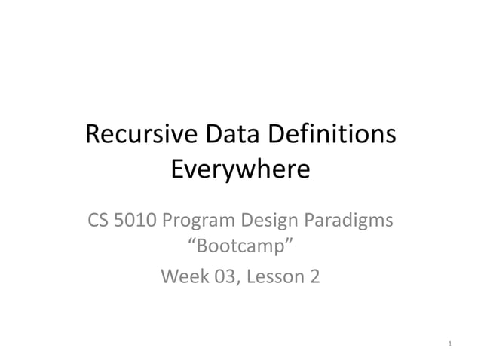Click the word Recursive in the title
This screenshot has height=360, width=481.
140,136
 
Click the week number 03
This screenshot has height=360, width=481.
222,276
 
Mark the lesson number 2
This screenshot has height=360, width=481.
314,276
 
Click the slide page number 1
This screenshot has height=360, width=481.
449,345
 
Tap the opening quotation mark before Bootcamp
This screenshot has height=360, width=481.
190,243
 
